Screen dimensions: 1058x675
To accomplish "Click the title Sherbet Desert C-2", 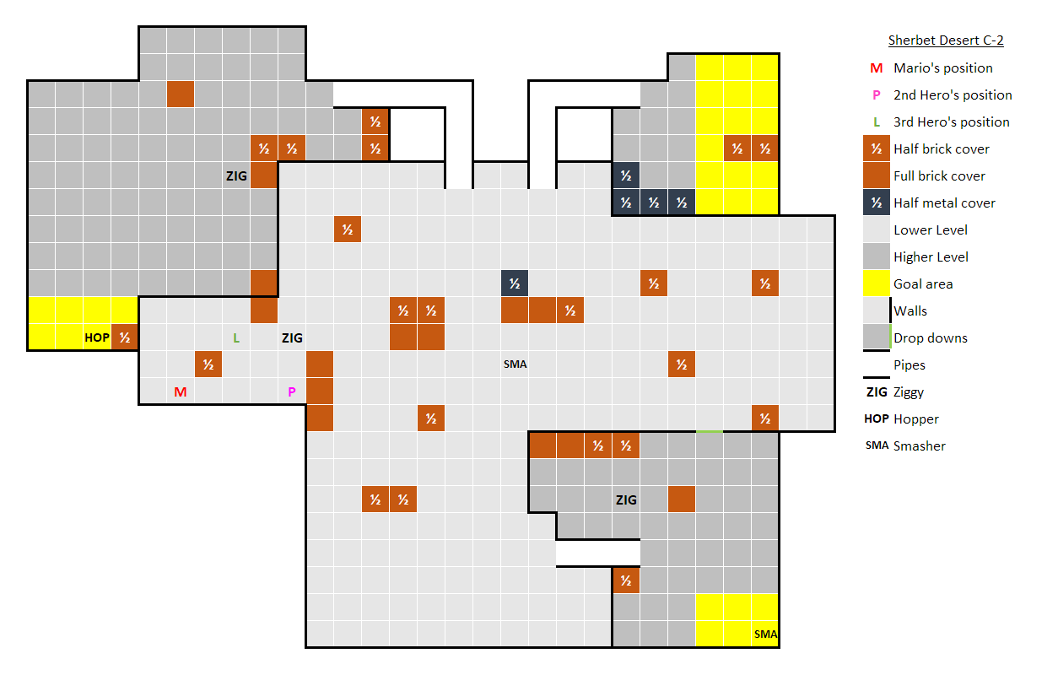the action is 946,40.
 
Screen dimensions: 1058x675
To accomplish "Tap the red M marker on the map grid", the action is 181,391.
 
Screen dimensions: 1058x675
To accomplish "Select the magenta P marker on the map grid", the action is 292,391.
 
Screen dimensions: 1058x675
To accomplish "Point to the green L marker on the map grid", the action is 236,337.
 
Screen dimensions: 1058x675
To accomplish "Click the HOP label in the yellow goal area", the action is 97,337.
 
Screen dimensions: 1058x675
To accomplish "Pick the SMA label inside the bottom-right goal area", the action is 765,634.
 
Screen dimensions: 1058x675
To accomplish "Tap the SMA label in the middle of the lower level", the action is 515,364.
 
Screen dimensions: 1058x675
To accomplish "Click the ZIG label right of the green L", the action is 292,337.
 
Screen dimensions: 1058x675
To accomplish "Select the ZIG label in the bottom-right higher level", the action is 626,499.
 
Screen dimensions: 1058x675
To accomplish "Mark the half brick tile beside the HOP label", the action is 125,337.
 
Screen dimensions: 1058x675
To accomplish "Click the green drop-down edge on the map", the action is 710,431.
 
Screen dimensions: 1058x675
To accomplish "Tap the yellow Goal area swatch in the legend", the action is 876,283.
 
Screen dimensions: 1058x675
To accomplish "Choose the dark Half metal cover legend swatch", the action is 876,202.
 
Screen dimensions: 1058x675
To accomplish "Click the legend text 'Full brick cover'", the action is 939,176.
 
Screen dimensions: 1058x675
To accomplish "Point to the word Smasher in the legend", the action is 919,445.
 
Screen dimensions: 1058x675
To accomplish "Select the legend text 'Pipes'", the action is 910,365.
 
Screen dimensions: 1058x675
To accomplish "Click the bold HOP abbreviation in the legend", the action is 877,418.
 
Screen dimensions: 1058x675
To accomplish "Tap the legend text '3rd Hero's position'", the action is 951,121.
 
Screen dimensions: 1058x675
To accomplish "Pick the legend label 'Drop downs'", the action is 930,338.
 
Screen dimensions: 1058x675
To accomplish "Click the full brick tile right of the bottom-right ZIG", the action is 682,499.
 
